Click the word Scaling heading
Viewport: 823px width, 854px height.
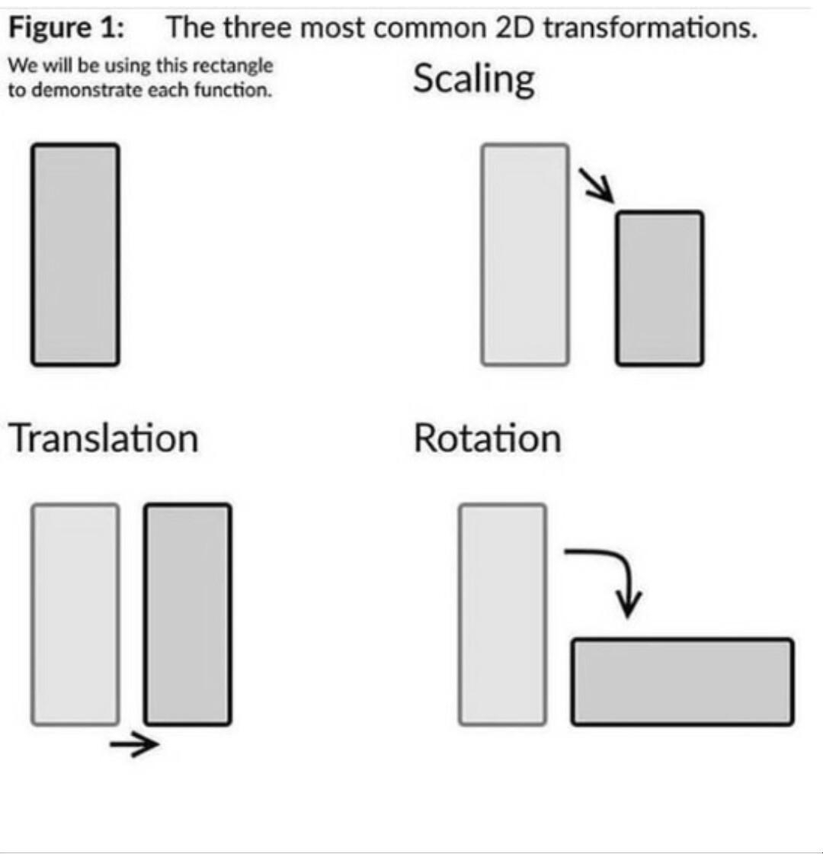473,81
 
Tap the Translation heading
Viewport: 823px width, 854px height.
103,438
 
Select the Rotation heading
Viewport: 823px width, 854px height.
487,438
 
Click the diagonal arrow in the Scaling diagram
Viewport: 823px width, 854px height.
599,186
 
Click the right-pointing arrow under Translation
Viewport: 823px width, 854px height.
134,744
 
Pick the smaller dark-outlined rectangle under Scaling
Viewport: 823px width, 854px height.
659,288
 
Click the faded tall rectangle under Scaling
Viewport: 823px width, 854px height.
525,255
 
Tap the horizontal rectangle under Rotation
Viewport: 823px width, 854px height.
683,682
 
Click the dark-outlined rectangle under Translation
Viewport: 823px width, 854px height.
187,615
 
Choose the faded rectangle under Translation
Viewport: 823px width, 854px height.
75,615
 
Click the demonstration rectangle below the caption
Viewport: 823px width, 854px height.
75,255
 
